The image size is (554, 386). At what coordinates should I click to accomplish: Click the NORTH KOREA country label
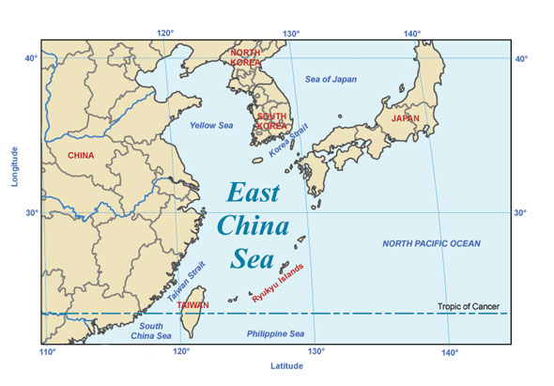click(x=246, y=57)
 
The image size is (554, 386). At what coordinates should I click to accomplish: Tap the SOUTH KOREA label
click(x=271, y=121)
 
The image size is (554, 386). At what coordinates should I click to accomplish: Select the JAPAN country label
click(x=406, y=119)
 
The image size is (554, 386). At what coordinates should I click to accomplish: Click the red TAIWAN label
click(x=192, y=306)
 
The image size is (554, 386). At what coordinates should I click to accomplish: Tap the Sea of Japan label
click(x=331, y=78)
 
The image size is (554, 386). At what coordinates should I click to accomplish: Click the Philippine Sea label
click(x=275, y=334)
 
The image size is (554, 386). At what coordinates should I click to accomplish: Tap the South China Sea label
click(x=150, y=331)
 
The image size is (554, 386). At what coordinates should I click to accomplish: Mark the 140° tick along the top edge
click(x=411, y=34)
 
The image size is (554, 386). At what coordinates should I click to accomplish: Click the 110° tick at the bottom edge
click(x=47, y=352)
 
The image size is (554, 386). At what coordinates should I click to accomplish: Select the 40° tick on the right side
click(x=522, y=58)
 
